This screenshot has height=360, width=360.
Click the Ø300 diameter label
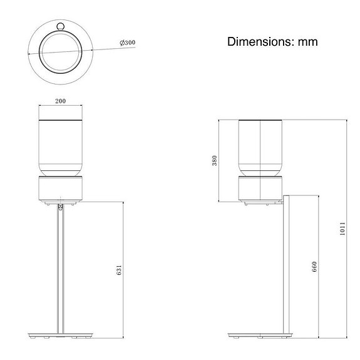coord(128,43)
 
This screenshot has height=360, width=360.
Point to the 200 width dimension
coord(61,101)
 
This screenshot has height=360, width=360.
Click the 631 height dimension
coord(119,270)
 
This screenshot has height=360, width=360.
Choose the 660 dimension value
coord(314,267)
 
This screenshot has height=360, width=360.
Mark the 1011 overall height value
coord(343,229)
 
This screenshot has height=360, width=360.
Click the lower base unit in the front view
coord(61,190)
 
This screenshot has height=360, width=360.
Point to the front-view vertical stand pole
coord(60,269)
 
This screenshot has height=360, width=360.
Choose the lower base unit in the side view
coord(260,190)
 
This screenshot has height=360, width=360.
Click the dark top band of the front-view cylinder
coord(61,119)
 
